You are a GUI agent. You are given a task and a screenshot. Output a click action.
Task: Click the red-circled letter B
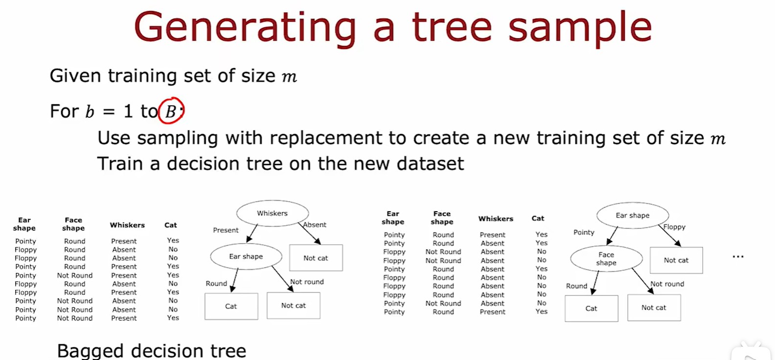coord(171,112)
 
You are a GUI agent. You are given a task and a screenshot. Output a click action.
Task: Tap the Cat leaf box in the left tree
coord(231,306)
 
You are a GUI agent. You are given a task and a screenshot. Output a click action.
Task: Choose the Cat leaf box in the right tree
coord(592,309)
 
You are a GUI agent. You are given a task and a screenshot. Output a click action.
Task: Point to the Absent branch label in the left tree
coord(315,225)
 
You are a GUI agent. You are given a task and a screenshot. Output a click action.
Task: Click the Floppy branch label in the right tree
coord(674,227)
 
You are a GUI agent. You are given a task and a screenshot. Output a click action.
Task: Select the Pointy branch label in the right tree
coord(584,232)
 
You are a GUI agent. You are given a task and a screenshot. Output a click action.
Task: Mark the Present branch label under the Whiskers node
coord(226,230)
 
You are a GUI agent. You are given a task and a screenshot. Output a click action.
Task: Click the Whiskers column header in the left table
coord(127,225)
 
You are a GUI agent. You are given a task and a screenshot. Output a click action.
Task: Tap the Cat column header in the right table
coord(538,218)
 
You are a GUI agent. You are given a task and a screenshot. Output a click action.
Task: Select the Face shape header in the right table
coord(442,218)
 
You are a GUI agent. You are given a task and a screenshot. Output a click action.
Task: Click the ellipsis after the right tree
coord(738,257)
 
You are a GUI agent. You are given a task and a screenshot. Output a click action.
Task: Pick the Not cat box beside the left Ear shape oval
coord(316,258)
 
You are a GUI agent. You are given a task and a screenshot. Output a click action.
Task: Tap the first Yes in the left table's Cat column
coord(173,240)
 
